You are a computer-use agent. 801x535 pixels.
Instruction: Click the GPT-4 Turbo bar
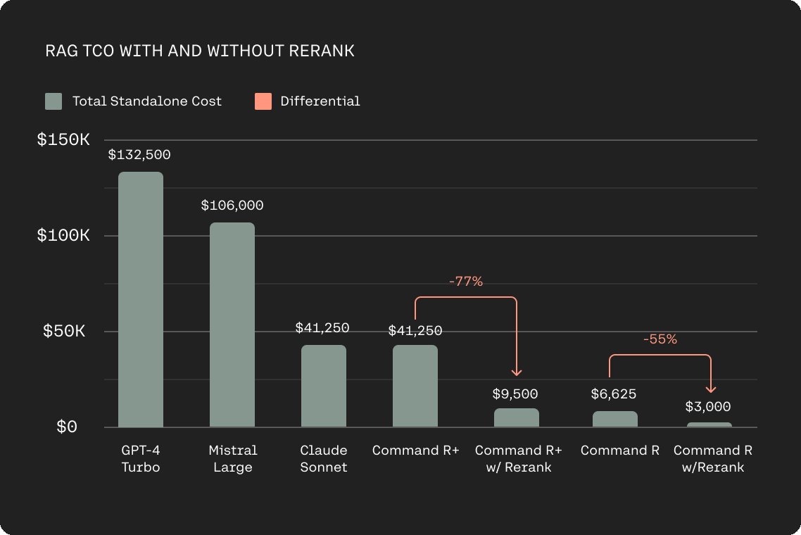click(x=141, y=299)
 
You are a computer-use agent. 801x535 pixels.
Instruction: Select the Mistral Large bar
click(x=232, y=325)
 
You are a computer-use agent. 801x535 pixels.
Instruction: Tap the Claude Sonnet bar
click(x=323, y=386)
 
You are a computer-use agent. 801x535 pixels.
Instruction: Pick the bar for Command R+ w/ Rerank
click(x=517, y=417)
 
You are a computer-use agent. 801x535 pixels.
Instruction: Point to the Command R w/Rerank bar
click(x=709, y=424)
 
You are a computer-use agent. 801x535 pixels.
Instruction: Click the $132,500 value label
click(x=139, y=154)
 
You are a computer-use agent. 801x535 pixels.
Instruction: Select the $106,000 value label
click(x=232, y=205)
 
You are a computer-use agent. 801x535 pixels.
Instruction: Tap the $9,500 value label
click(x=515, y=394)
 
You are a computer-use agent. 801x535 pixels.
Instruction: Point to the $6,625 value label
click(x=614, y=394)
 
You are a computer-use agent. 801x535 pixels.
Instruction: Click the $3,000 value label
click(x=708, y=406)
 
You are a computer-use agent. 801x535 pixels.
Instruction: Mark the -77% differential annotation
click(x=466, y=281)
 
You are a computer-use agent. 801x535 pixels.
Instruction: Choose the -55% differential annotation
click(x=660, y=339)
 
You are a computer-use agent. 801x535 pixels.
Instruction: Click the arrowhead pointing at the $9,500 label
click(x=517, y=372)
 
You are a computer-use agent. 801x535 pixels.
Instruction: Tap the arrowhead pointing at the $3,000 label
click(x=711, y=389)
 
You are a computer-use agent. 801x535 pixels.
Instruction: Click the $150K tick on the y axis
click(x=63, y=139)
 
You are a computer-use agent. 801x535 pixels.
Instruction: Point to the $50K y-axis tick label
click(x=64, y=331)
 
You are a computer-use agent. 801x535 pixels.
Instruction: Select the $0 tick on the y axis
click(x=67, y=426)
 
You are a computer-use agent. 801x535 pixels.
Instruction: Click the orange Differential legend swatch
click(x=263, y=101)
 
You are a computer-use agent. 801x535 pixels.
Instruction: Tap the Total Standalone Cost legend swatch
click(x=53, y=101)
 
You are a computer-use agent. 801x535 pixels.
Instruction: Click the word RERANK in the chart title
click(x=322, y=51)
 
